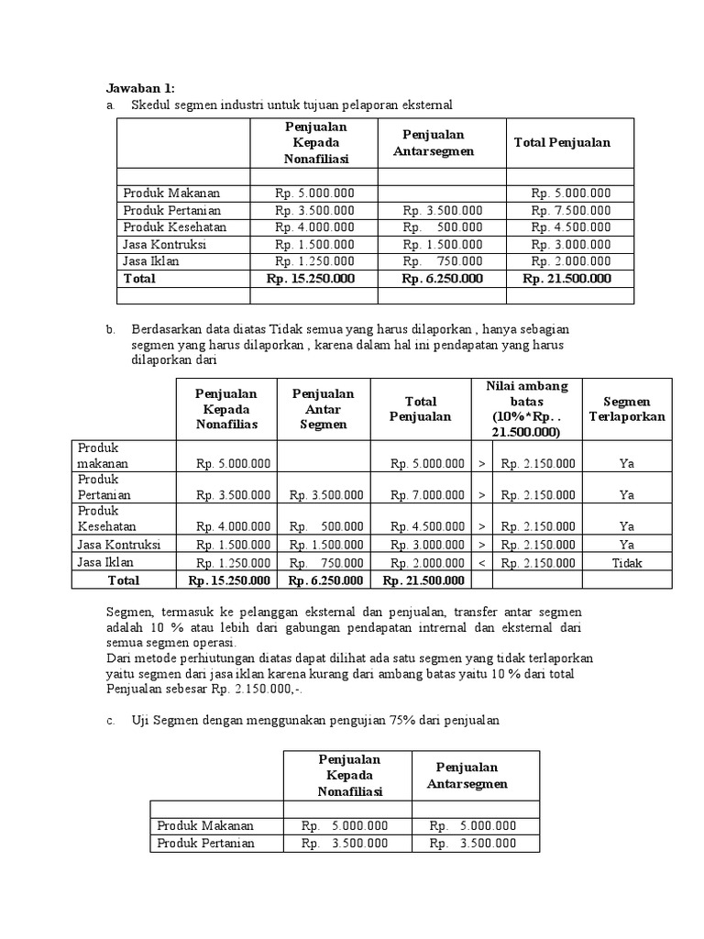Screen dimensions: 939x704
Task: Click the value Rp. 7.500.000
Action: coord(570,210)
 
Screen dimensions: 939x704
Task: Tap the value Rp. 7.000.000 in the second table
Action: coord(427,495)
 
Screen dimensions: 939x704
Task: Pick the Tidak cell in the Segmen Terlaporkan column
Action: coord(627,563)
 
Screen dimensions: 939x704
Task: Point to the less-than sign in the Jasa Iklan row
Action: coord(482,563)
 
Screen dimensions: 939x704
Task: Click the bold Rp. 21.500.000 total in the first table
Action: coord(566,278)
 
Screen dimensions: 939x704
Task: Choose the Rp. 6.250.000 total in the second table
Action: coord(325,580)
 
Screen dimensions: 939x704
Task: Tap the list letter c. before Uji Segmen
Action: coord(110,721)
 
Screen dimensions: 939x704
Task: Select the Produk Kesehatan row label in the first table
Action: coord(174,226)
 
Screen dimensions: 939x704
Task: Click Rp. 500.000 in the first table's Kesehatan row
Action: coord(443,226)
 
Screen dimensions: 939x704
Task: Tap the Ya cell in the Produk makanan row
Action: coord(627,464)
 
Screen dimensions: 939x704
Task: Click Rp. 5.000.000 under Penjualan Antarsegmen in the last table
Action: coord(473,826)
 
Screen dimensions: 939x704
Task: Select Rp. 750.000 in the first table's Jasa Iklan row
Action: coord(443,260)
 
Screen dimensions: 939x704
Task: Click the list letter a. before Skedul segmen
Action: coord(110,105)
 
